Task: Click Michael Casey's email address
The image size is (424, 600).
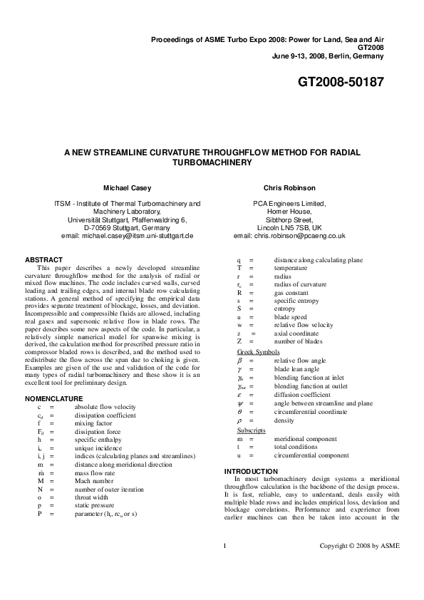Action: pyautogui.click(x=128, y=235)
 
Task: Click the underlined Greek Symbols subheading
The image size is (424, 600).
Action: pyautogui.click(x=258, y=352)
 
